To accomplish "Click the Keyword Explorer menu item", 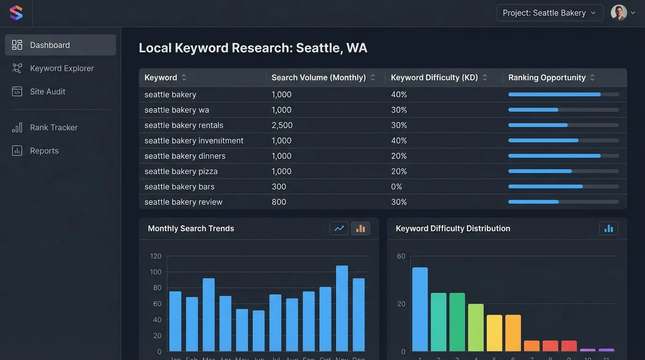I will tap(61, 68).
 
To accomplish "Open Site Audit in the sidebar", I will tap(47, 92).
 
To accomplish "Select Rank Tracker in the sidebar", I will tap(53, 127).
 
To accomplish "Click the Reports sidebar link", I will tap(44, 151).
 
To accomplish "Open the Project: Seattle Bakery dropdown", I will tap(549, 13).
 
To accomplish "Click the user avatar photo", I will tap(619, 13).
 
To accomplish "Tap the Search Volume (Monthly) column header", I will tap(319, 78).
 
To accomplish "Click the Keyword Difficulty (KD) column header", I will tap(435, 78).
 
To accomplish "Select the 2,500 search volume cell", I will tap(282, 126).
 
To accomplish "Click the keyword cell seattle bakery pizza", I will tap(181, 172).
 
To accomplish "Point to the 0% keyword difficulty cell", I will tap(397, 187).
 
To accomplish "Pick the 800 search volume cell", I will tap(279, 202).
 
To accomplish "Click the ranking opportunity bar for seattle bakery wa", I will tap(563, 110).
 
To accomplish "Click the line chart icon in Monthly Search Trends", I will tap(339, 229).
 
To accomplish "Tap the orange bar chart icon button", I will tap(360, 229).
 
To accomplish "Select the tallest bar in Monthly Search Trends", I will tap(342, 308).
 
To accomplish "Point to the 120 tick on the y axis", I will tap(156, 256).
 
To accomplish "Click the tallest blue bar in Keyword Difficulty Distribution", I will tap(420, 309).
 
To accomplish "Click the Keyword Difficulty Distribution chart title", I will tap(453, 229).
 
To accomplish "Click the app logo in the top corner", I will tap(16, 13).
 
